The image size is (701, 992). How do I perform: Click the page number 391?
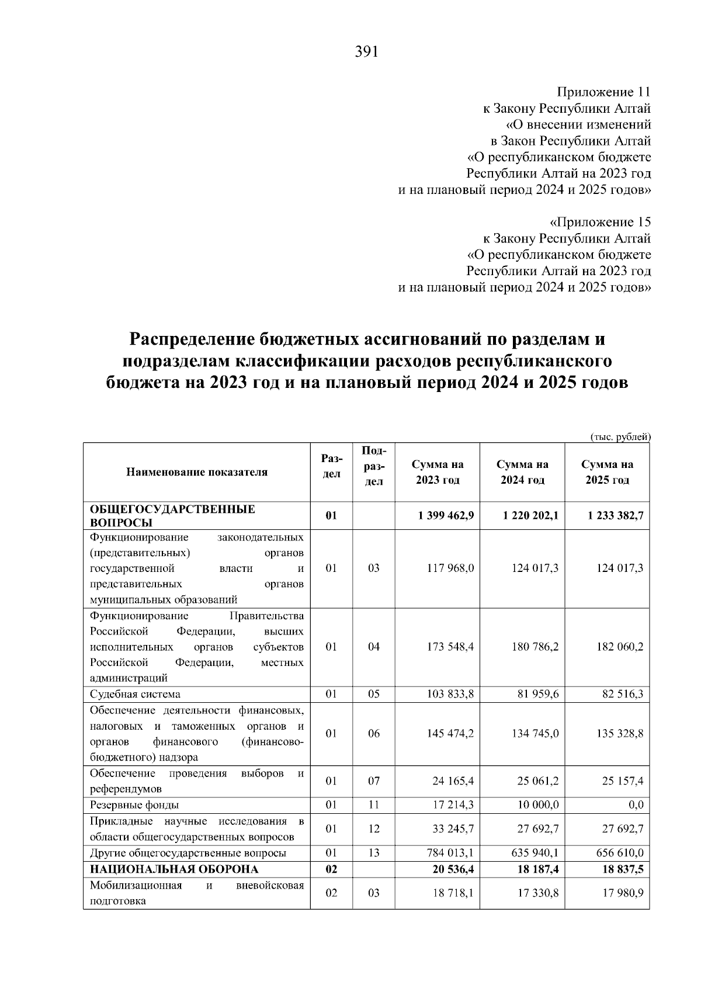click(x=367, y=53)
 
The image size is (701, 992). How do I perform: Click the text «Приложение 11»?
click(x=603, y=92)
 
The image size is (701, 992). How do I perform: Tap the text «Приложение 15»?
click(x=601, y=223)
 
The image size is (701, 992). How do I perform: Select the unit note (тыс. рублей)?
click(x=620, y=436)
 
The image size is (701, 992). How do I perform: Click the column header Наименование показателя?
click(x=197, y=472)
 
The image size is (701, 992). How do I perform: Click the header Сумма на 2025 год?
click(x=607, y=472)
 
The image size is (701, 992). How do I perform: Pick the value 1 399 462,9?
click(x=446, y=515)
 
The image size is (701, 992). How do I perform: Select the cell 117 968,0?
click(x=450, y=568)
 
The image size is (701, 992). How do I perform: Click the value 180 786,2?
click(x=535, y=647)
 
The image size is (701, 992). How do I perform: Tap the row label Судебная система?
click(x=135, y=694)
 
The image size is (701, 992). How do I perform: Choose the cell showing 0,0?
click(x=636, y=805)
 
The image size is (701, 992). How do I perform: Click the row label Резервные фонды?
click(x=134, y=805)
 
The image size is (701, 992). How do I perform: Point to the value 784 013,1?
click(x=450, y=853)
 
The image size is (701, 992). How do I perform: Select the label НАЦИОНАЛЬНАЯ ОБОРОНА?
click(x=174, y=869)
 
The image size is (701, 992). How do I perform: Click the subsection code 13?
click(x=374, y=853)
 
